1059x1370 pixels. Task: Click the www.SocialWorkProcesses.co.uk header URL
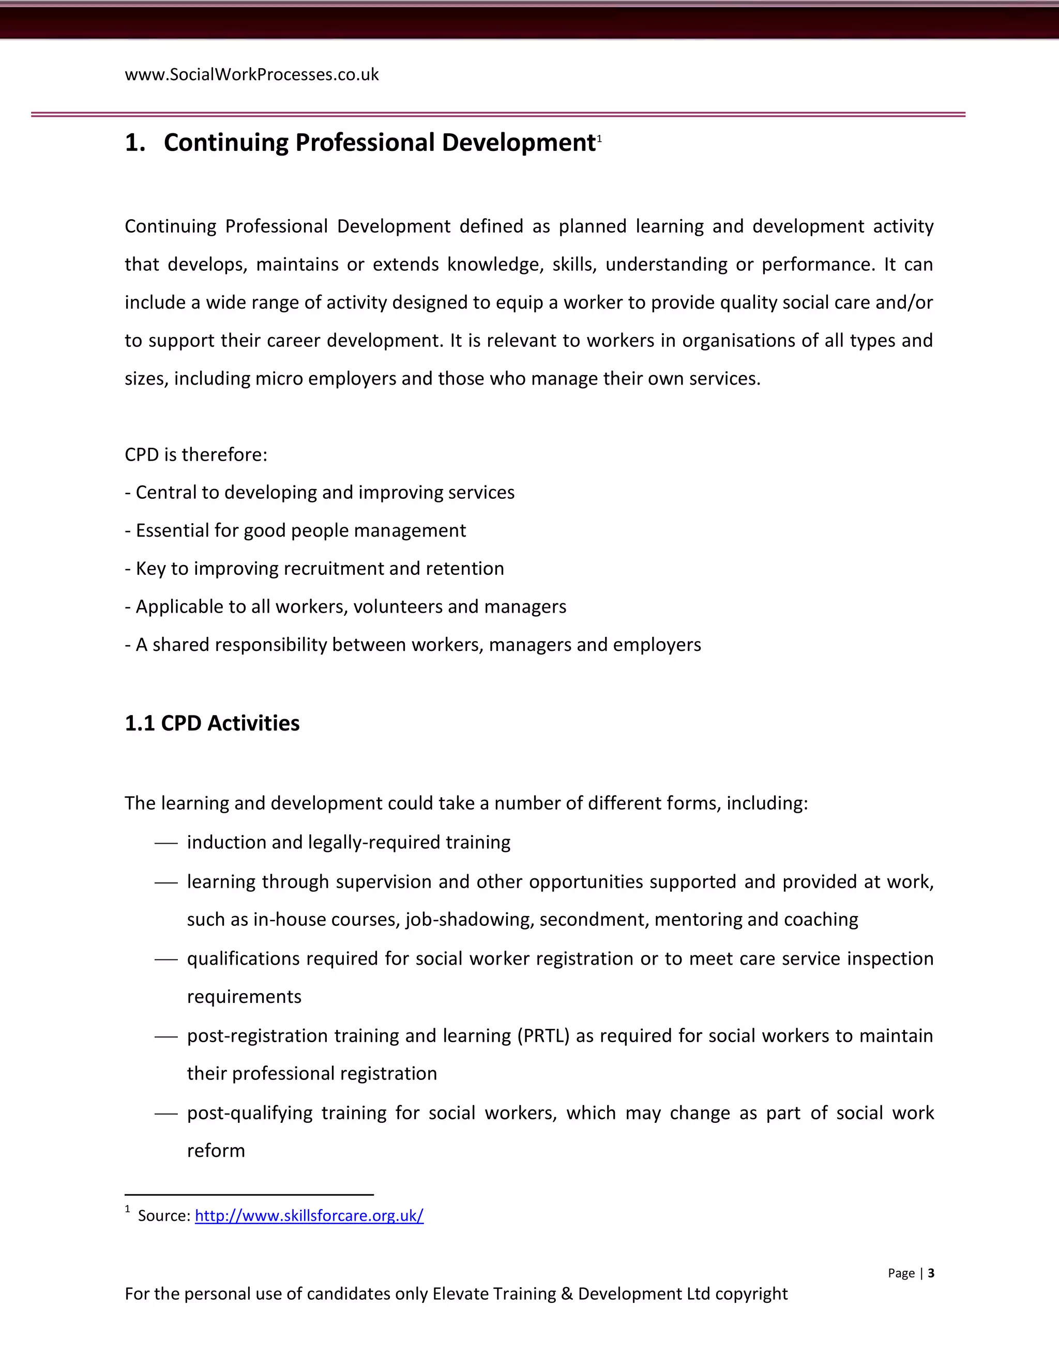[252, 74]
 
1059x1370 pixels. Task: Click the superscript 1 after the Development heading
[599, 139]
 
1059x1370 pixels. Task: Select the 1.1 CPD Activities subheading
[212, 723]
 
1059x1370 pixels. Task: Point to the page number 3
[931, 1272]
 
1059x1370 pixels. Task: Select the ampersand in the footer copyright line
[567, 1293]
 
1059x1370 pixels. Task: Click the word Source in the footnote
[163, 1216]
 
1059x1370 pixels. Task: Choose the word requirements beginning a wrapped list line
[244, 996]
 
